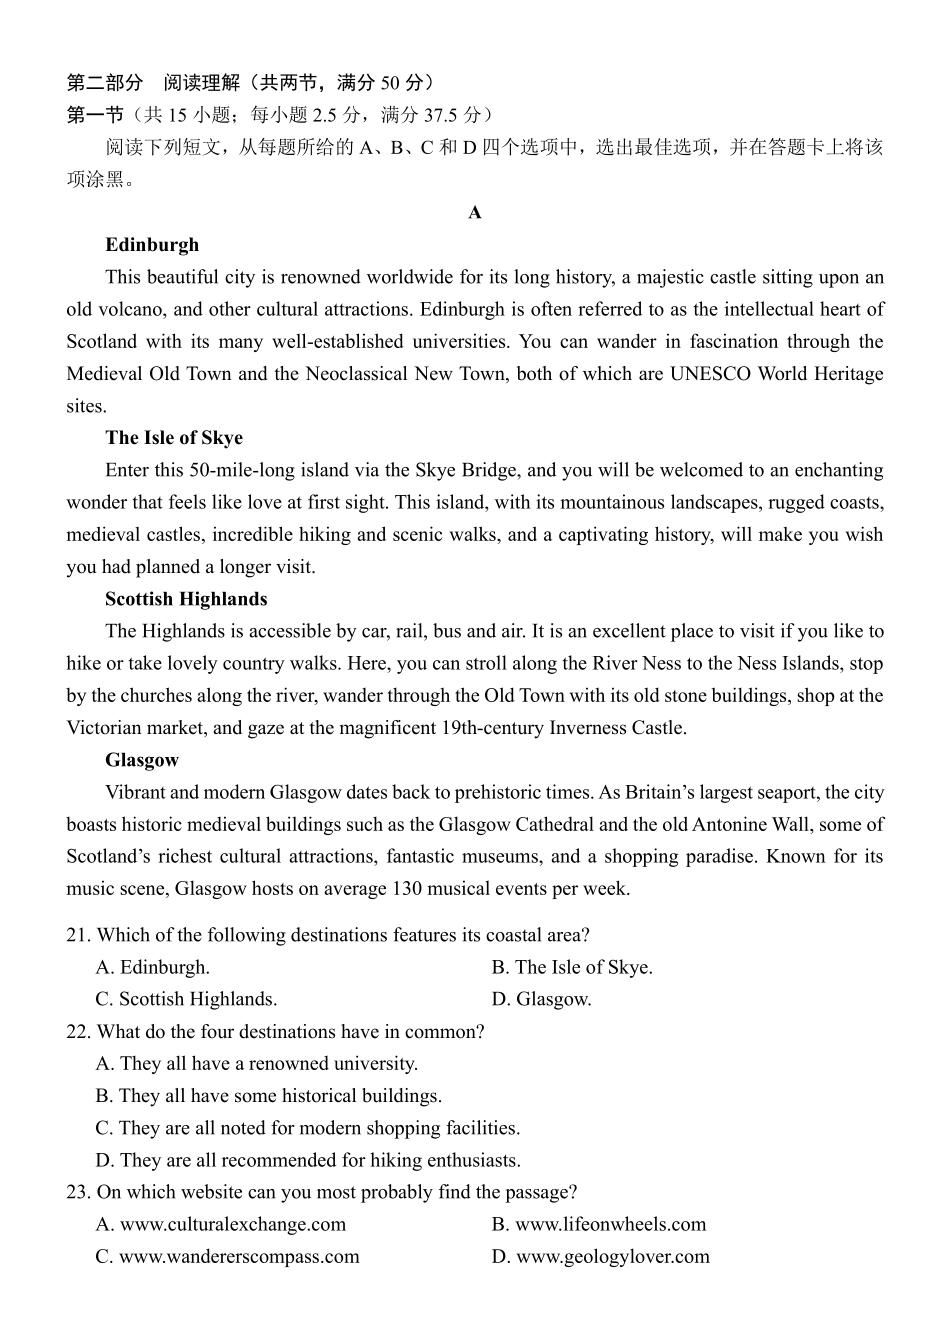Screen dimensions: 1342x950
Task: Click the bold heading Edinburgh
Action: tap(152, 245)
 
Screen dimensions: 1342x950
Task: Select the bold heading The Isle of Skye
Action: tap(174, 438)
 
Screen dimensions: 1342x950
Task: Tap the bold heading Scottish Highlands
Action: tap(186, 599)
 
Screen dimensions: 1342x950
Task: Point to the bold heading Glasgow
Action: tap(142, 760)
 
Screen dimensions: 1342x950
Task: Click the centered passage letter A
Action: tap(475, 213)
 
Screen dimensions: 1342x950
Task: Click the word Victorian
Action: tap(108, 728)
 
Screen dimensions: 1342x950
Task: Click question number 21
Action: tap(78, 935)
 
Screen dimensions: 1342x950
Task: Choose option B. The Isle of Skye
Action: tap(572, 967)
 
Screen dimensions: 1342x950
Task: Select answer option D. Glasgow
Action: tap(542, 999)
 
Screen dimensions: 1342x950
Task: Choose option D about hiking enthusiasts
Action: tap(308, 1160)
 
